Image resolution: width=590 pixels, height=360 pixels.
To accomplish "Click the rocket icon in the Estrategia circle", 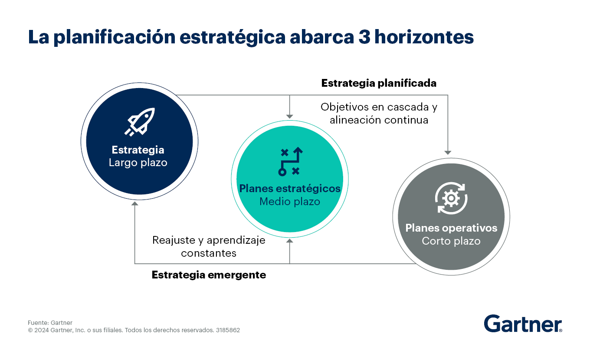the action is click(140, 122).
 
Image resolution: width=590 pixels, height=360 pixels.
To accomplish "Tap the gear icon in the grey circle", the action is click(451, 198).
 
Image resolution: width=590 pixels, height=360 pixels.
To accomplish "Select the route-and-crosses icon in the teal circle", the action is click(290, 161).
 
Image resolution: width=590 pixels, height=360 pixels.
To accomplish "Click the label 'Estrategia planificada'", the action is click(379, 83).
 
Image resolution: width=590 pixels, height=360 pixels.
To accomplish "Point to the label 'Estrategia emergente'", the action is click(209, 275).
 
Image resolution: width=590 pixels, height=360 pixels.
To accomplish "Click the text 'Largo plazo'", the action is click(138, 163).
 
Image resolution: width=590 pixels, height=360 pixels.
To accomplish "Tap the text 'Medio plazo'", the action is click(290, 201).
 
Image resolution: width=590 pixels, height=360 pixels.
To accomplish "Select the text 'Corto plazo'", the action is click(451, 241).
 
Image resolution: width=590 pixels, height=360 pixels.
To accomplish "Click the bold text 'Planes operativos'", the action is click(451, 228).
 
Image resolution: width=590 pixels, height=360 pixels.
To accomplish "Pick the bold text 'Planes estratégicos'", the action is click(290, 189).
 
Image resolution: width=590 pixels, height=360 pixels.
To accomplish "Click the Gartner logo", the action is click(523, 324).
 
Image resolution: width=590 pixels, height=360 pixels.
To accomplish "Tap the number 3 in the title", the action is click(364, 37).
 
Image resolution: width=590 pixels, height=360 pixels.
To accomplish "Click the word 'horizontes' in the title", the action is click(424, 37).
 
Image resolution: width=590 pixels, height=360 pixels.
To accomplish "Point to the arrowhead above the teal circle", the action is click(290, 117).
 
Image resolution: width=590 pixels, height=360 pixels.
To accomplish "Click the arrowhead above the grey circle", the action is click(448, 153).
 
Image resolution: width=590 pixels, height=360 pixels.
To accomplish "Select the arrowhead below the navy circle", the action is click(135, 203).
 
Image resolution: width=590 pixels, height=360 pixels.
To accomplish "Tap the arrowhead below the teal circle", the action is click(290, 241).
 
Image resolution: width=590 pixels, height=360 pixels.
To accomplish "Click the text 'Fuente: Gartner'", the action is click(50, 323).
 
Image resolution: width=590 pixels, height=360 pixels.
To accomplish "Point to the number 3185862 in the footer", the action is click(228, 330).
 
